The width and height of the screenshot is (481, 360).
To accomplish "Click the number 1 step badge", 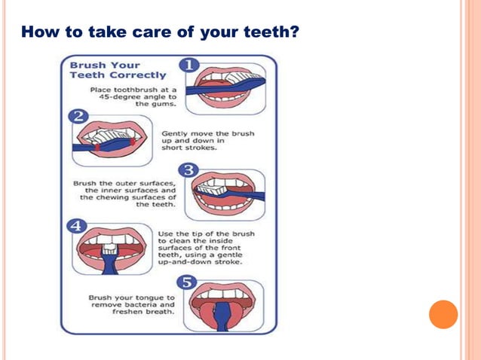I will pyautogui.click(x=188, y=65).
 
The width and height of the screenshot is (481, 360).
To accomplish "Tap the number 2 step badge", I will pyautogui.click(x=78, y=116).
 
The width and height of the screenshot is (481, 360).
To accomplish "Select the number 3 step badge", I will pyautogui.click(x=191, y=170).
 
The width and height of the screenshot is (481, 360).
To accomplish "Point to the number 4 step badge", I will pyautogui.click(x=78, y=224).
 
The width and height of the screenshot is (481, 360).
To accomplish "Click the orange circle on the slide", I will pyautogui.click(x=443, y=314).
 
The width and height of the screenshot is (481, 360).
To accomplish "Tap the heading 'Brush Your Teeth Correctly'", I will pyautogui.click(x=118, y=70).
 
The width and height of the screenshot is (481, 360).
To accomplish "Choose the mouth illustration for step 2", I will pyautogui.click(x=112, y=140).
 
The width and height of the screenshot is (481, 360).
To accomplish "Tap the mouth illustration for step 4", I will pyautogui.click(x=112, y=249).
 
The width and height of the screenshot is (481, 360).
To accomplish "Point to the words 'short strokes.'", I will pyautogui.click(x=189, y=148).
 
